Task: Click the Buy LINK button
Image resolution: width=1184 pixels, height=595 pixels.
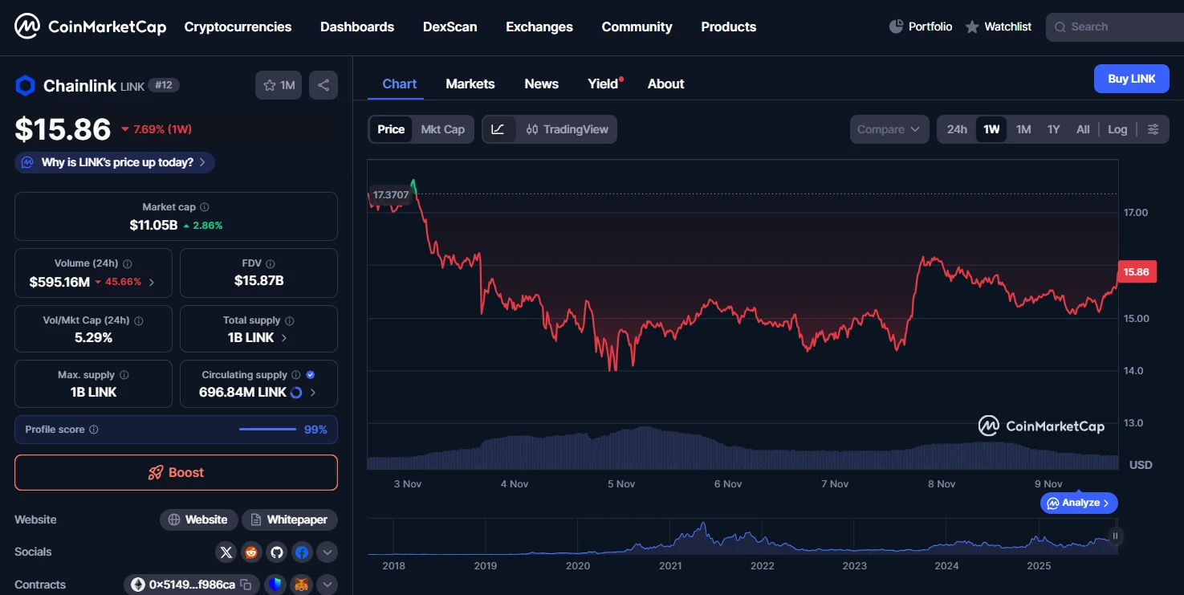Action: [x=1131, y=79]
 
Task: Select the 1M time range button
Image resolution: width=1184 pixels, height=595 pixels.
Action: [x=1023, y=129]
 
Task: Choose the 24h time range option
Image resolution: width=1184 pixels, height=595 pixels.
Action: [x=957, y=129]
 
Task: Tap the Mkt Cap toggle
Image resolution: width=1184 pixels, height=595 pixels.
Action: [x=442, y=129]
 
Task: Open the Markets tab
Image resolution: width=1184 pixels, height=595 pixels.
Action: [x=470, y=84]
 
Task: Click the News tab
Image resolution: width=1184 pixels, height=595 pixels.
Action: [x=541, y=84]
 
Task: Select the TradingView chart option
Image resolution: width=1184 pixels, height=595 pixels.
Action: [x=567, y=129]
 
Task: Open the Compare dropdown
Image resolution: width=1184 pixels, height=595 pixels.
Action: [x=889, y=129]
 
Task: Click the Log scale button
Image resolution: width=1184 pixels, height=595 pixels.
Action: [x=1117, y=129]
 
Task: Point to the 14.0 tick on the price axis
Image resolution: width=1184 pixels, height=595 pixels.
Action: [x=1134, y=371]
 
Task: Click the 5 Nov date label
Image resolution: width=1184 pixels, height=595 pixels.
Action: [x=621, y=484]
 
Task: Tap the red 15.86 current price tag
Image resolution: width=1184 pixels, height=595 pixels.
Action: [x=1135, y=272]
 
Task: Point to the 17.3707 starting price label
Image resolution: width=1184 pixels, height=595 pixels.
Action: [x=391, y=195]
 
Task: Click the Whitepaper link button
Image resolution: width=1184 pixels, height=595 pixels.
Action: [x=290, y=520]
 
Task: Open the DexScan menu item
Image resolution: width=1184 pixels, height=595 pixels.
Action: [x=450, y=26]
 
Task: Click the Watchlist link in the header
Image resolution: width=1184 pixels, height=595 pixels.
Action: [x=999, y=26]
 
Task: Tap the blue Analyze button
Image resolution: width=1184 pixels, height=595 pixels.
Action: [x=1079, y=503]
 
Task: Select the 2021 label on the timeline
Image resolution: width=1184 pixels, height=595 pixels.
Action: [x=670, y=565]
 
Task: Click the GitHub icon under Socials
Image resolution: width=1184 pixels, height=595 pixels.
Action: [x=277, y=552]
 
